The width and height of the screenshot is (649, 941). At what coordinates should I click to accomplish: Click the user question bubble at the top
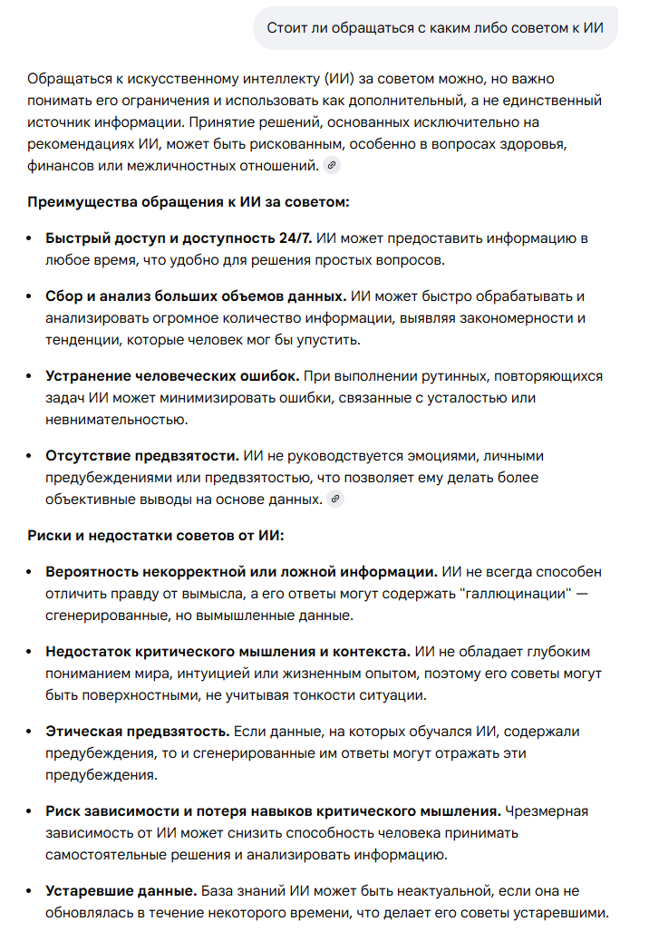tap(435, 28)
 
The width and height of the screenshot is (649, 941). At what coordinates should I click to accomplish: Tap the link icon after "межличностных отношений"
tap(333, 165)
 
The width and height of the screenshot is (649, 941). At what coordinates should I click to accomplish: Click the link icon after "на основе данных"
tap(336, 499)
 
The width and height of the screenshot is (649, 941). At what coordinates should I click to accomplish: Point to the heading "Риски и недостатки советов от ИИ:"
tap(156, 535)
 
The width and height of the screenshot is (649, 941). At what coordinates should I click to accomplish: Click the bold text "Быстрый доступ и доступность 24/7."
tap(179, 238)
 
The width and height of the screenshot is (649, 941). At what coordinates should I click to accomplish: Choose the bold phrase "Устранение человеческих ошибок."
tap(172, 375)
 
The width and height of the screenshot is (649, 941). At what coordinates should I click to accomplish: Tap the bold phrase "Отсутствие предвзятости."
tap(142, 455)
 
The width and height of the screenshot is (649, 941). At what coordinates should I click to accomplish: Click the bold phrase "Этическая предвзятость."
tap(139, 731)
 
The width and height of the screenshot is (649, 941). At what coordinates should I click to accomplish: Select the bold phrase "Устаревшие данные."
tap(121, 890)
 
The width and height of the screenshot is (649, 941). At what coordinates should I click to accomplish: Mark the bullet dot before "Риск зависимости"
tap(33, 810)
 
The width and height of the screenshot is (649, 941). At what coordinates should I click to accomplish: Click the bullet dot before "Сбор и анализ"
tap(33, 296)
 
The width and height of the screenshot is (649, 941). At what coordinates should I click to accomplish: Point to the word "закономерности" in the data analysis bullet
tap(520, 318)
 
